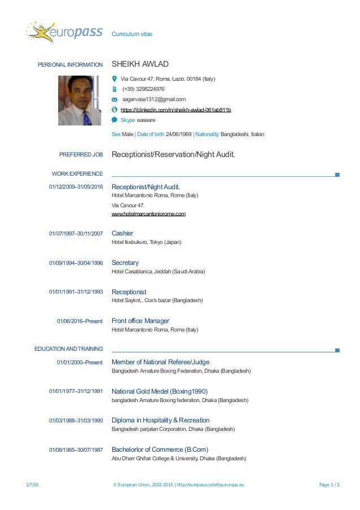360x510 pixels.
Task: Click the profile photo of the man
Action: pyautogui.click(x=80, y=101)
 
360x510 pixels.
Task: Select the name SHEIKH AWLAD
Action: pyautogui.click(x=141, y=64)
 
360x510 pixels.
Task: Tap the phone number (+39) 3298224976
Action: pyautogui.click(x=143, y=89)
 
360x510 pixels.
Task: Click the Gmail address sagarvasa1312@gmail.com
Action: pyautogui.click(x=154, y=99)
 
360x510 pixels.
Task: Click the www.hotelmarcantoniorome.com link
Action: pyautogui.click(x=149, y=214)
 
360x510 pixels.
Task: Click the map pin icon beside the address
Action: pyautogui.click(x=115, y=79)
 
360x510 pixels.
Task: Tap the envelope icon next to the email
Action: pyautogui.click(x=115, y=99)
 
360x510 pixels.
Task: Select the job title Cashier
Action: pyautogui.click(x=122, y=233)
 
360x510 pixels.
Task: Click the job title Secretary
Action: pyautogui.click(x=125, y=263)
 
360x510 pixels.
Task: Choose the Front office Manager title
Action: pyautogui.click(x=141, y=321)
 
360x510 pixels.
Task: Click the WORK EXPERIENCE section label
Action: pyautogui.click(x=77, y=173)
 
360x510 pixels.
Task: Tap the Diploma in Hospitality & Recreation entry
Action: pyautogui.click(x=161, y=420)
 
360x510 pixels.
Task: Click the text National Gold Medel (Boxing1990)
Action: pyautogui.click(x=160, y=391)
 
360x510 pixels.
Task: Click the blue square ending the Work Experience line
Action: pyautogui.click(x=337, y=175)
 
